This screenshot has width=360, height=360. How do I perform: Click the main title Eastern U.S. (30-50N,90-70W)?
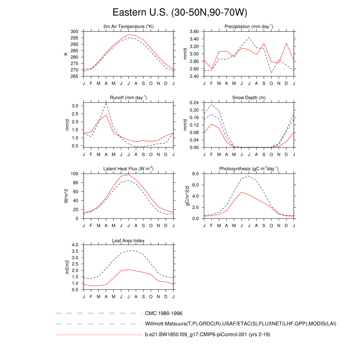180,13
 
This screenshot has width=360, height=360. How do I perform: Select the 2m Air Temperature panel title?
129,27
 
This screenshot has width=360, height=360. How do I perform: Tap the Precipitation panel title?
249,27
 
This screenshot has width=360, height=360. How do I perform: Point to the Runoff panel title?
129,98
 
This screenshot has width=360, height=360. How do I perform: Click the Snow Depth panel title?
249,98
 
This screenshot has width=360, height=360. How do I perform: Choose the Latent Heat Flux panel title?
129,169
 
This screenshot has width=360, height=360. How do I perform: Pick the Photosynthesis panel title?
249,169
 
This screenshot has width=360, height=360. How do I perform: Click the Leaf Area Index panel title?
129,240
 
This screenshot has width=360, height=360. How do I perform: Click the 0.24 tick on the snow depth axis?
194,103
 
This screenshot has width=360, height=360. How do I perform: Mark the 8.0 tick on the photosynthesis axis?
195,174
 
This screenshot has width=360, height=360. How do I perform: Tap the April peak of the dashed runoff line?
106,103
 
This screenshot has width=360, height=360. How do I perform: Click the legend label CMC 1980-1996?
163,313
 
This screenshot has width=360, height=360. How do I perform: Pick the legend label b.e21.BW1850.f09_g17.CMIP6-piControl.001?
207,335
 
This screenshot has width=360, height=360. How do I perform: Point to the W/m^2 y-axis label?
66,196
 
